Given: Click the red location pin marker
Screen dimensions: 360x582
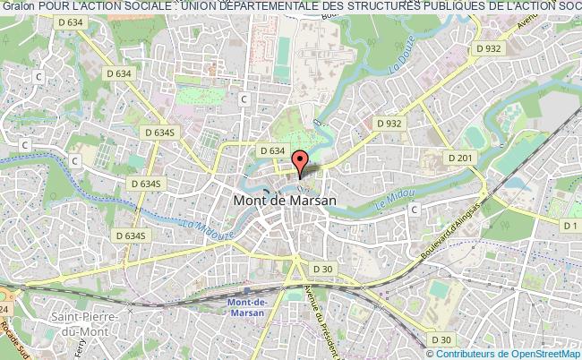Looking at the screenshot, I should tap(300, 161).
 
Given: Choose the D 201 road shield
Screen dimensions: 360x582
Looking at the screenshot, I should tap(460, 159).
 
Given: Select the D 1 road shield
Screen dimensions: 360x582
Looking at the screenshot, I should tap(570, 225).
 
